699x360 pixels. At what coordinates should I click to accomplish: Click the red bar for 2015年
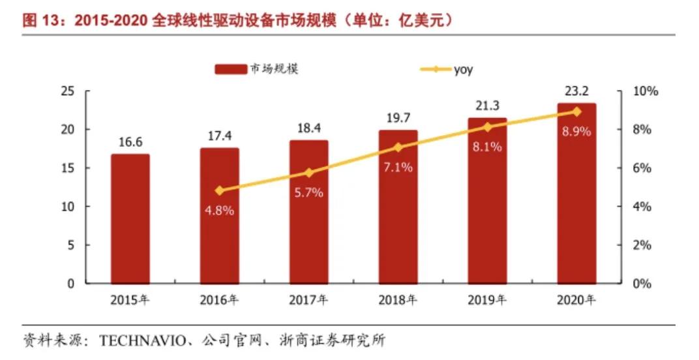coord(130,218)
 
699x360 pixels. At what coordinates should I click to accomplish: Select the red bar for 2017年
coord(308,212)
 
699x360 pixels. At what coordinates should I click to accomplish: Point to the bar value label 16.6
coord(130,142)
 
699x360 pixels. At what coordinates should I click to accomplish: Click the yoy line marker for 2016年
coord(220,190)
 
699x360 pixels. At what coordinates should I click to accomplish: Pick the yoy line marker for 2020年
coord(576,112)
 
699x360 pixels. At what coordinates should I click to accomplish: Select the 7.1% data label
coord(398,168)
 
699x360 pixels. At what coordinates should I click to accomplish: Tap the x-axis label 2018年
coord(398,301)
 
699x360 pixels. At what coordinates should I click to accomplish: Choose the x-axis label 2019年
coord(487,301)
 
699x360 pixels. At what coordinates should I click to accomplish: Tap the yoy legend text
coord(463,69)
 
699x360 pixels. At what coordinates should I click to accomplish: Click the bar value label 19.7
coord(398,118)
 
